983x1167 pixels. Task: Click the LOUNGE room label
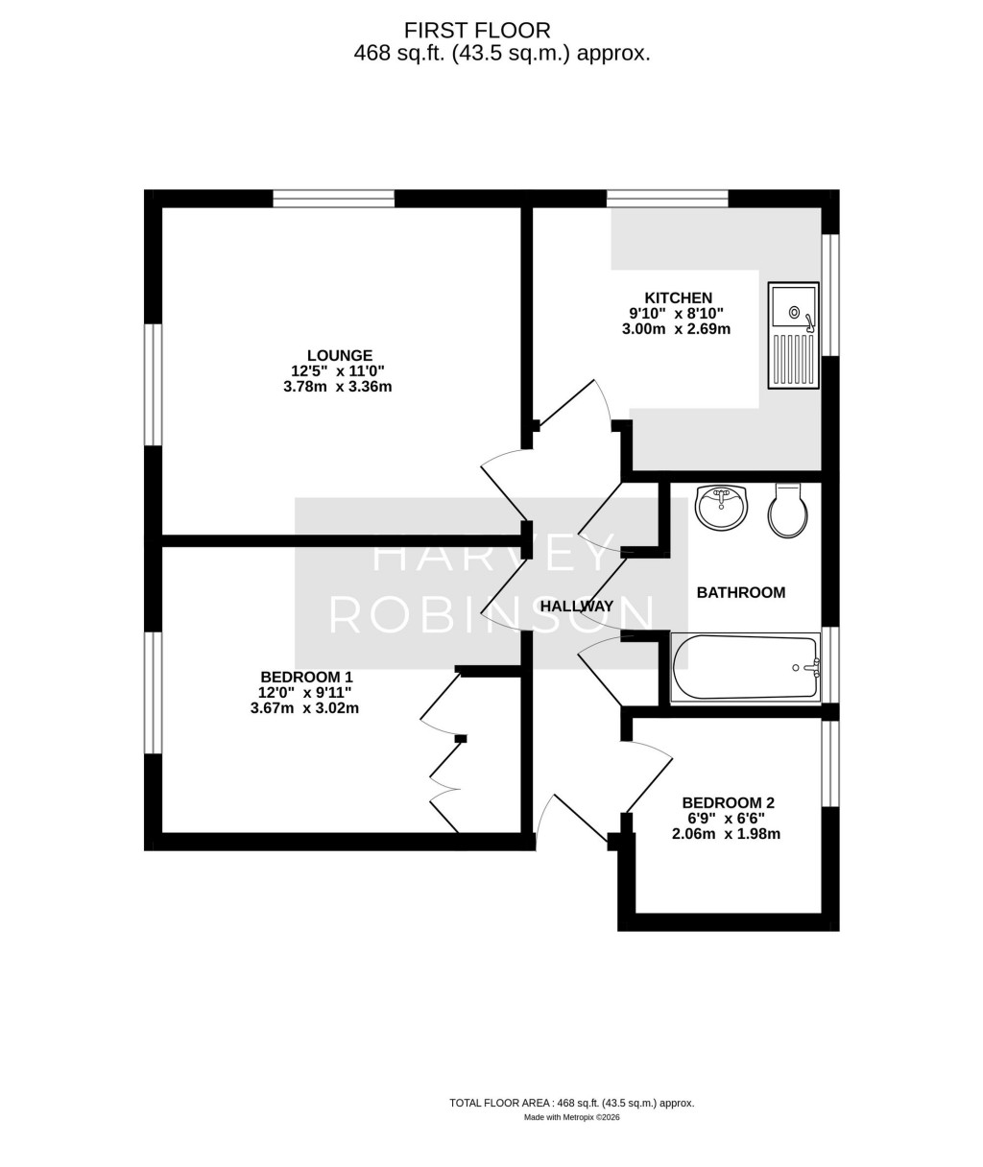(x=339, y=355)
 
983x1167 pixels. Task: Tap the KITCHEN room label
(x=678, y=298)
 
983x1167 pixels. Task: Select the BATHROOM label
(x=740, y=593)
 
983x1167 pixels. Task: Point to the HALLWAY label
(x=576, y=607)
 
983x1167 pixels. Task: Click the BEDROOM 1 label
(x=304, y=676)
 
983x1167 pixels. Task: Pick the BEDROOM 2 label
(x=728, y=802)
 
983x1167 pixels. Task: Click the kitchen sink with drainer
(x=793, y=335)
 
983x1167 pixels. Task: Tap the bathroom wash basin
(x=722, y=508)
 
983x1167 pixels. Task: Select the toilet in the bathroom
(x=787, y=510)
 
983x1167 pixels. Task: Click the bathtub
(x=745, y=667)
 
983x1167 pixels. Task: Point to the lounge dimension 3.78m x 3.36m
(x=337, y=387)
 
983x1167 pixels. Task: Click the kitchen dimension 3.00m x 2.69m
(x=676, y=328)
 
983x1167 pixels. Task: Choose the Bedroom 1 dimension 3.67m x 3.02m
(x=304, y=708)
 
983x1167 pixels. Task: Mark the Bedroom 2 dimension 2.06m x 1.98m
(x=726, y=834)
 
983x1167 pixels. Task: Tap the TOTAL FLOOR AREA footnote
(x=571, y=1103)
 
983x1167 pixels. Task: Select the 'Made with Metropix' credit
(x=571, y=1117)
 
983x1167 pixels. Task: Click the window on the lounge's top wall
(x=333, y=199)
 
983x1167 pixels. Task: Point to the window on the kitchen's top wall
(x=667, y=199)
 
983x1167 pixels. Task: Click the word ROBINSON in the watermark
(x=492, y=615)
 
